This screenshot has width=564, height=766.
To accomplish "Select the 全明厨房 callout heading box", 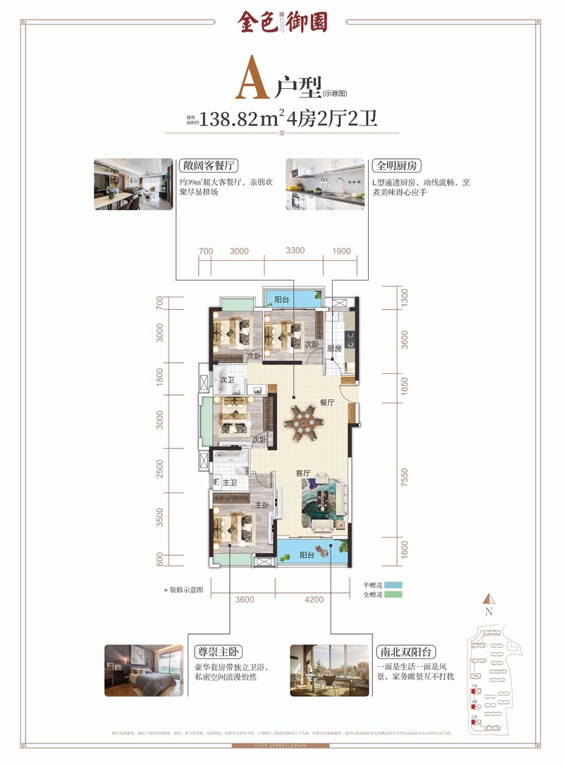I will pos(396,166).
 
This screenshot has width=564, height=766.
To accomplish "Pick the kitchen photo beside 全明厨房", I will pos(325,184).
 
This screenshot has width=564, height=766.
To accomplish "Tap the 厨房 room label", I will pos(333,349).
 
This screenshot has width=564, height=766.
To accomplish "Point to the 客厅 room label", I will pos(304,473).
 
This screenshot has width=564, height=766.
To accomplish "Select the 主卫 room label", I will pos(229,483).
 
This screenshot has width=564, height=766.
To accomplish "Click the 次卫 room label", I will pos(226,379).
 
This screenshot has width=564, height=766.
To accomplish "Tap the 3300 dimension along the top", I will pos(295,251).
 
